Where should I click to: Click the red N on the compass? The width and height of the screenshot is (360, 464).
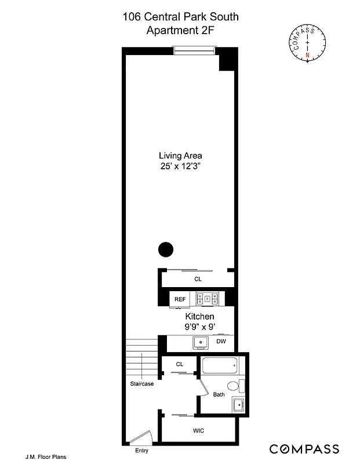pos(307,55)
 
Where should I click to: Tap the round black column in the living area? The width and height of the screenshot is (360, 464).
pos(166,249)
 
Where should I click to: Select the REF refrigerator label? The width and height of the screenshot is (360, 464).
pos(180,299)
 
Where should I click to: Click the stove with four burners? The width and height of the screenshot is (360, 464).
pos(208,299)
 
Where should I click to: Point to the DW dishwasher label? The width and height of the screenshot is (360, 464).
pos(221,342)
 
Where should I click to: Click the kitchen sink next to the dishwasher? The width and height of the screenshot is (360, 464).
pos(201,342)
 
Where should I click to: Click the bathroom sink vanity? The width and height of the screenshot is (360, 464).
pos(238,404)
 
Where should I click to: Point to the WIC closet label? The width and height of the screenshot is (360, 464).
pos(198,431)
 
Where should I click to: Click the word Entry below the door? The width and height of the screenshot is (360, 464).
pos(141,451)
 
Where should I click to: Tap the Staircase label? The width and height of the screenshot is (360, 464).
pos(141,383)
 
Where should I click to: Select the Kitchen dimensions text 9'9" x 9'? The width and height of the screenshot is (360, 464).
pos(200,327)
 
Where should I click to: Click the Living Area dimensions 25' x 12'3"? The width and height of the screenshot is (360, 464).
pos(180,167)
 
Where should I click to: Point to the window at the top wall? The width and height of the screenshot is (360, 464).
pos(197,51)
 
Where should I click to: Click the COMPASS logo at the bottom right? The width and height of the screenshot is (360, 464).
pos(304,448)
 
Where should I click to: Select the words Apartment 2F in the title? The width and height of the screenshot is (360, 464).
pos(180,30)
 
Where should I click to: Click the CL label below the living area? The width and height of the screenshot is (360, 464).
pos(198,279)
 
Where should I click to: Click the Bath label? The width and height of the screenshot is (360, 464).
pos(219,395)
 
